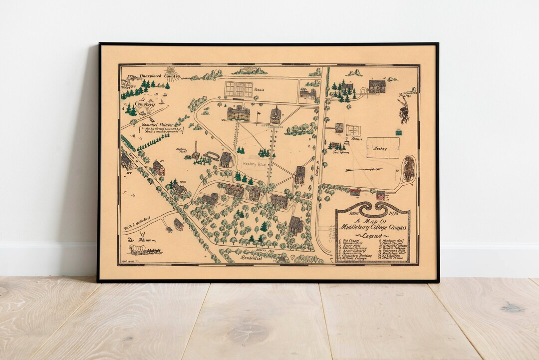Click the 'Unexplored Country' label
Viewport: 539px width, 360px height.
tap(159, 76)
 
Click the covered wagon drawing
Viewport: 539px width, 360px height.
tap(145, 250)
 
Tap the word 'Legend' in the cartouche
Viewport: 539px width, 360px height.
tap(371, 236)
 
